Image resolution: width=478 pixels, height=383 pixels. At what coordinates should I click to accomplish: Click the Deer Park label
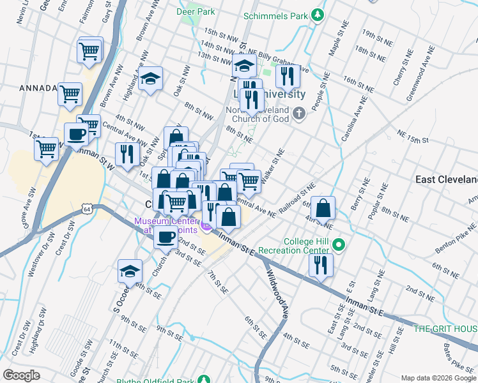pos(197,11)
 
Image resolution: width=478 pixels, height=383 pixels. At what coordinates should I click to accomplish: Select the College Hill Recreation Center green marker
pos(340,244)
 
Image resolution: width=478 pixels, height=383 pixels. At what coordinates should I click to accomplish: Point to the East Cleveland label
pos(446,179)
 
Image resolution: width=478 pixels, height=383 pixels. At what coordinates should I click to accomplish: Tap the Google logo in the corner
pos(21,375)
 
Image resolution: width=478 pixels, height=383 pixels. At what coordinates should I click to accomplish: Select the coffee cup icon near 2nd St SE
pos(166,237)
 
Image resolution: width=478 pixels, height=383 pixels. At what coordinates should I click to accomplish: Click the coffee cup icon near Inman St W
pos(77,134)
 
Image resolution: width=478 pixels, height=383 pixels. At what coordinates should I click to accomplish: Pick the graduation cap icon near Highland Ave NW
pos(150,79)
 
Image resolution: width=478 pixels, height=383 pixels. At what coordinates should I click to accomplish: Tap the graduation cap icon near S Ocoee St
pos(130,271)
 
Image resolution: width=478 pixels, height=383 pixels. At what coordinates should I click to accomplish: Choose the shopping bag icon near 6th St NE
pos(324,207)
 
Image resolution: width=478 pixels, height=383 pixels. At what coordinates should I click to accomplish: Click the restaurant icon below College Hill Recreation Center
pos(321,264)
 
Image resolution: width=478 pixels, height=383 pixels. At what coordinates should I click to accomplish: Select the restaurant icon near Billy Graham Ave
pos(288,76)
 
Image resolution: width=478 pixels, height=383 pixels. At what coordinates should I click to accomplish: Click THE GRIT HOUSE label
pos(445,329)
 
